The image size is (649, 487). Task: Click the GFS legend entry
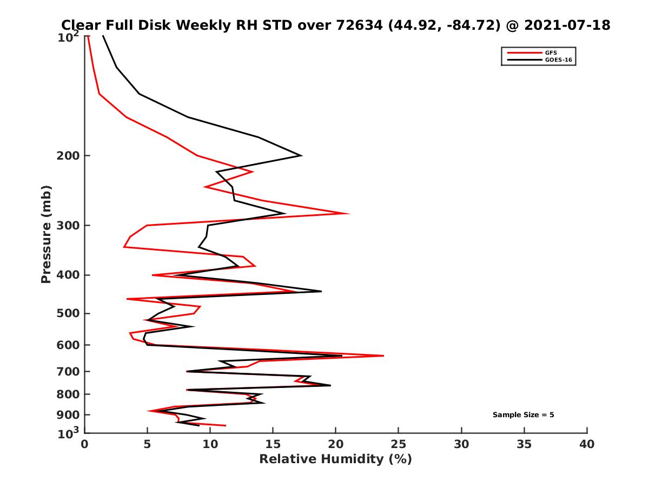(551, 52)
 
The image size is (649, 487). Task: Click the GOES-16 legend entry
(558, 60)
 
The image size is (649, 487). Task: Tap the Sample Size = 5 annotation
(523, 415)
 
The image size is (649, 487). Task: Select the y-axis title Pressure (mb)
(46, 234)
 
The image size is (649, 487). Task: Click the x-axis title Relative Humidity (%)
(335, 459)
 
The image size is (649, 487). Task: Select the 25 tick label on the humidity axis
(399, 444)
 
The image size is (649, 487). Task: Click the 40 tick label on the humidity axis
(587, 444)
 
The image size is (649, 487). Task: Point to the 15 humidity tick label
(273, 444)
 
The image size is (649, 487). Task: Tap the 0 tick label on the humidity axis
(85, 444)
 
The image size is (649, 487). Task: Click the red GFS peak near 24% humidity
(383, 356)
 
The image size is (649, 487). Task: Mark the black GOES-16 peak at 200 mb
(301, 156)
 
